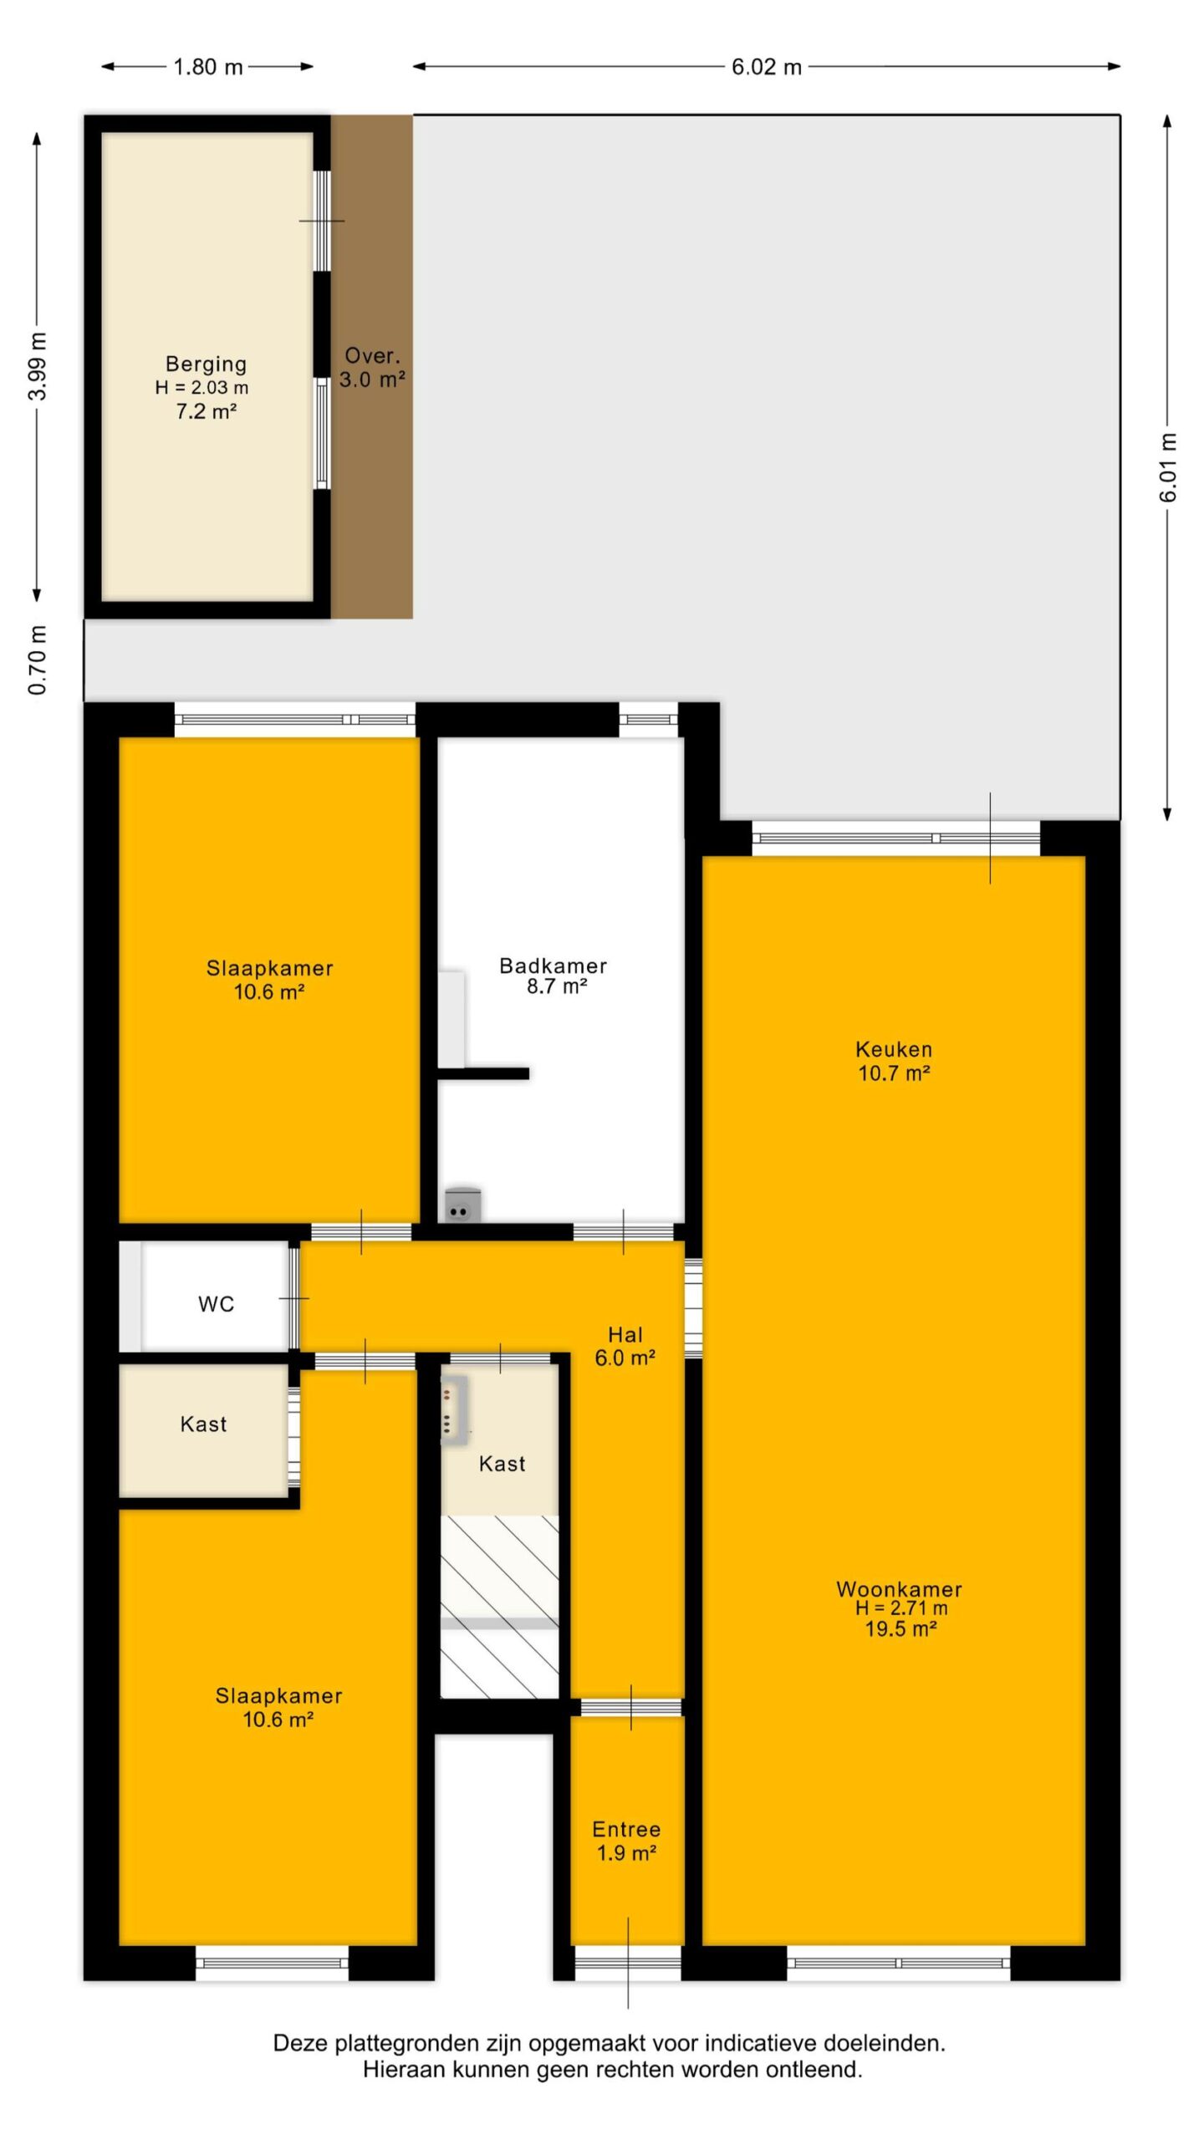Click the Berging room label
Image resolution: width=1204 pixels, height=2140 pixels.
[206, 364]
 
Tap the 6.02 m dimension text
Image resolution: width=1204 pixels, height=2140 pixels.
[767, 67]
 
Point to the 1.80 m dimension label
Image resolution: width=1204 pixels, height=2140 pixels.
[207, 67]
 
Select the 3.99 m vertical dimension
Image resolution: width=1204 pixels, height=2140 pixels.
[38, 366]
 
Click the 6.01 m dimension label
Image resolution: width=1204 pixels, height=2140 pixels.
[1168, 468]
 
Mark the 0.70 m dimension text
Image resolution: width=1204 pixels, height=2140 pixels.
[38, 660]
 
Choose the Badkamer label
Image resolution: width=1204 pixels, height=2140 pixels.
[553, 966]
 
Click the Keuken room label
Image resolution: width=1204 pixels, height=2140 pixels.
[894, 1049]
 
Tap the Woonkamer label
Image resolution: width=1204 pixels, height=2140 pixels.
[899, 1589]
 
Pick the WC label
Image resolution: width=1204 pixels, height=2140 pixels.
[216, 1304]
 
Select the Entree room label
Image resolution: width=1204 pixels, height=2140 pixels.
[626, 1829]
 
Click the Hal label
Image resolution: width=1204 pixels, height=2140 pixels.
[625, 1334]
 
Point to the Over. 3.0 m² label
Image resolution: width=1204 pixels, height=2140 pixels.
[372, 368]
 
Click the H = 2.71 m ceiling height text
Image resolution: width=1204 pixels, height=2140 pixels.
[901, 1608]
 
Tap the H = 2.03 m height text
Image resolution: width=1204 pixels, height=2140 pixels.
[202, 388]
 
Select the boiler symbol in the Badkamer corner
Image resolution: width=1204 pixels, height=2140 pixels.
[462, 1206]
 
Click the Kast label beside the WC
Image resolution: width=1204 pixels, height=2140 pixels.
[203, 1424]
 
